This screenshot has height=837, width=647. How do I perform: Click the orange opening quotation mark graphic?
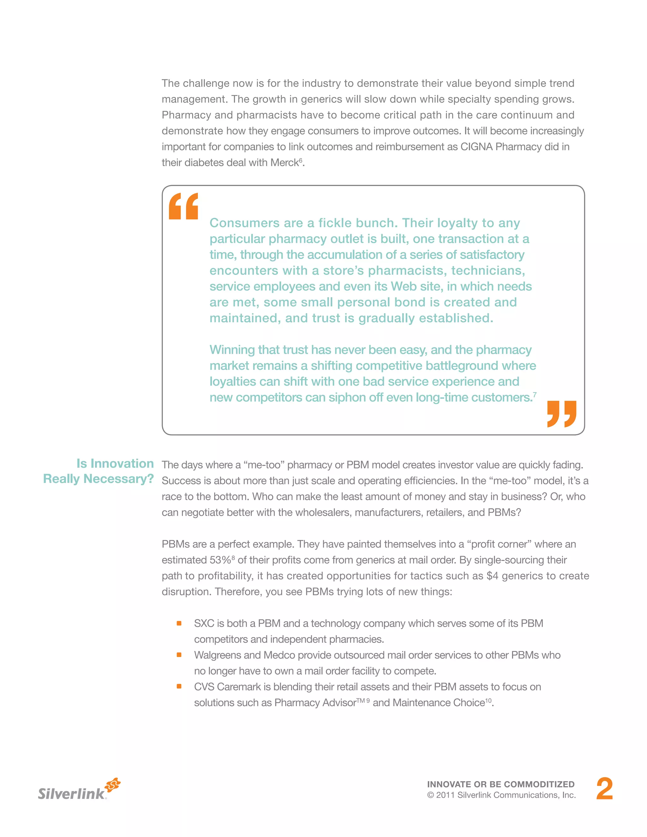(183, 206)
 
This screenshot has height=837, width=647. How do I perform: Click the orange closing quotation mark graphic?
(561, 414)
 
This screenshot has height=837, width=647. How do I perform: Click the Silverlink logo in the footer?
(79, 790)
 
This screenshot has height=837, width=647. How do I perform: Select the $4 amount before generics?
(492, 576)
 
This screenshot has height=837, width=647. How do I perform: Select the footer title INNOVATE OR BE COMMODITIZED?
(501, 785)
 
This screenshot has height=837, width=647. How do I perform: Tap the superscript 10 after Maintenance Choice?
(488, 700)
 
